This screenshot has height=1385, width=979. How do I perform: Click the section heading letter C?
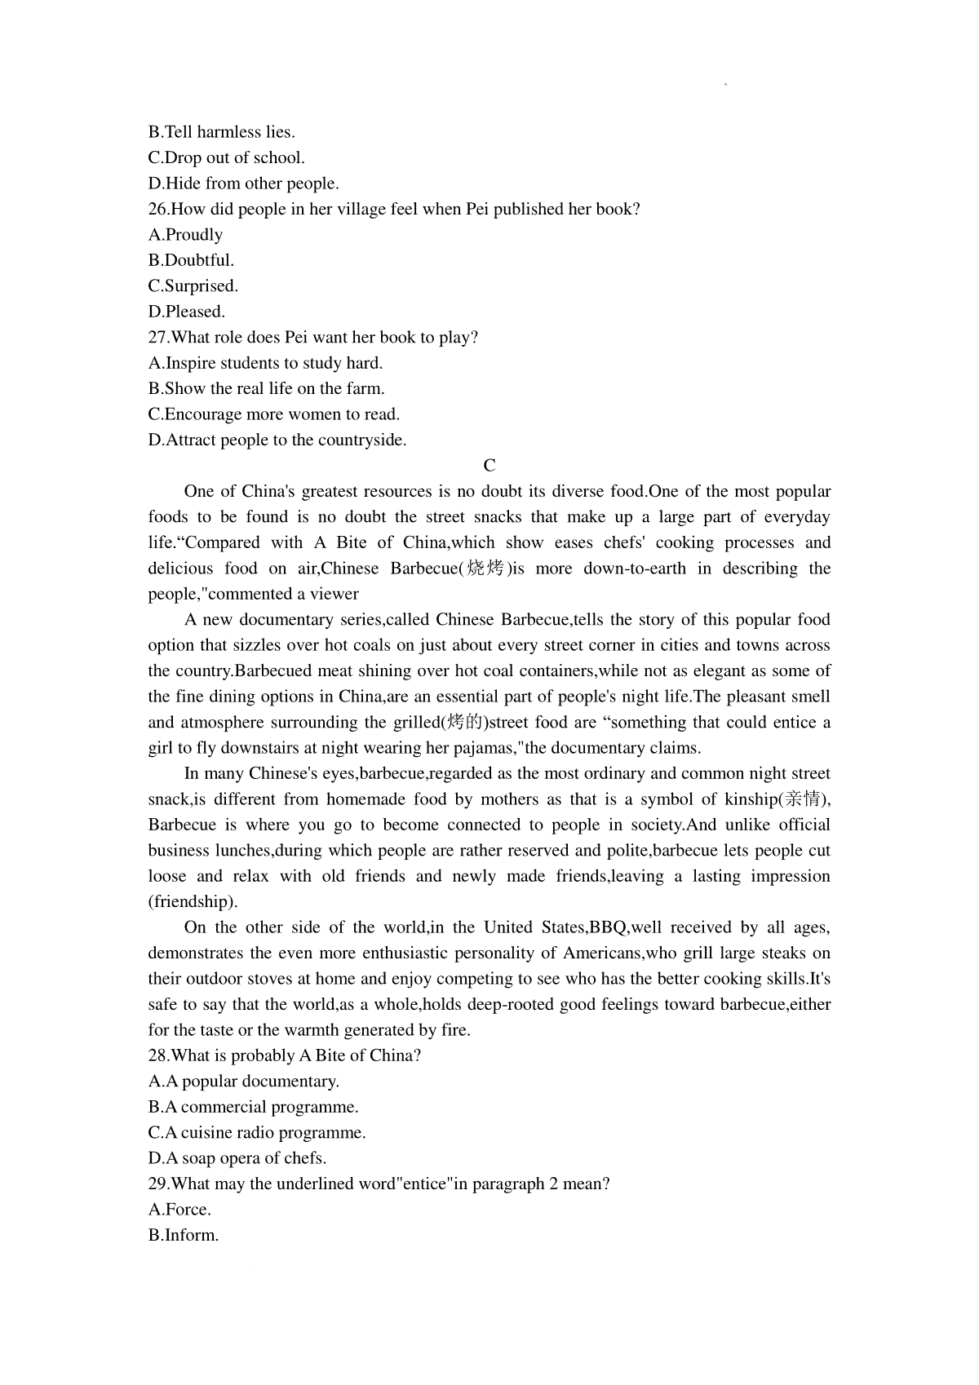point(489,466)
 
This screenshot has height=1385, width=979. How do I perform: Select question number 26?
point(158,210)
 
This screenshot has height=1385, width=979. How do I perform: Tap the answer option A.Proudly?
point(185,235)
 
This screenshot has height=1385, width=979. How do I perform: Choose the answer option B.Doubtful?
point(191,261)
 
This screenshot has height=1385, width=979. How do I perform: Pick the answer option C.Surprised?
point(193,286)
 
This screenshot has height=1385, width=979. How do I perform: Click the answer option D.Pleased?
point(187,312)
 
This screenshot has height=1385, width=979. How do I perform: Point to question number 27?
point(158,338)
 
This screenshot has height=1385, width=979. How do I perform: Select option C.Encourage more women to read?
point(274,414)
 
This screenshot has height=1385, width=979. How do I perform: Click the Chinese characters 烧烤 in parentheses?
point(485,569)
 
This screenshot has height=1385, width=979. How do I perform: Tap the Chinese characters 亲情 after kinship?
point(803,799)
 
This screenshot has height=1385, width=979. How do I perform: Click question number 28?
point(158,1055)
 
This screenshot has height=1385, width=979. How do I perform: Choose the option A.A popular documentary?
point(244,1082)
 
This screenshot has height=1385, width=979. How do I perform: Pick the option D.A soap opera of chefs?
point(237,1158)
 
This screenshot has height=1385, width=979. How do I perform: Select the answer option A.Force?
point(179,1210)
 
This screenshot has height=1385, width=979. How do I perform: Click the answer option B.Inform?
point(184,1235)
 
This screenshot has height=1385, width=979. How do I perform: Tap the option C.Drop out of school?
point(227,158)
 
